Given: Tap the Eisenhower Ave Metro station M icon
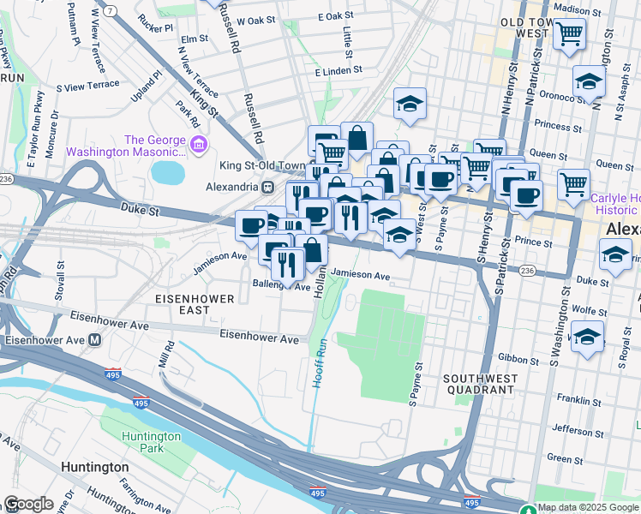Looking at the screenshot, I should (x=95, y=339).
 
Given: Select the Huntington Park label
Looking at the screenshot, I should (x=151, y=442).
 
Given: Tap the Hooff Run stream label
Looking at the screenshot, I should (x=319, y=363).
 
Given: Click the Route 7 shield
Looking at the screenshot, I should (x=111, y=10).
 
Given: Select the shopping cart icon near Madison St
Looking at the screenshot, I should (x=569, y=36).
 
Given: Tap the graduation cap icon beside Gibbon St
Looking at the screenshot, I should (x=587, y=337).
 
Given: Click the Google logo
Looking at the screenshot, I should (x=28, y=504).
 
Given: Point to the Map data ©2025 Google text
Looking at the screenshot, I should (x=588, y=508).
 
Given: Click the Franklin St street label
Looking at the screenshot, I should (x=575, y=400).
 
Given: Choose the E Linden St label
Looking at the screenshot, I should (x=338, y=71).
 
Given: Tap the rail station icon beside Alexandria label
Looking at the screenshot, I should (x=267, y=186).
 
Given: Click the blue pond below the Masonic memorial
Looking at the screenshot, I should (x=168, y=172).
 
